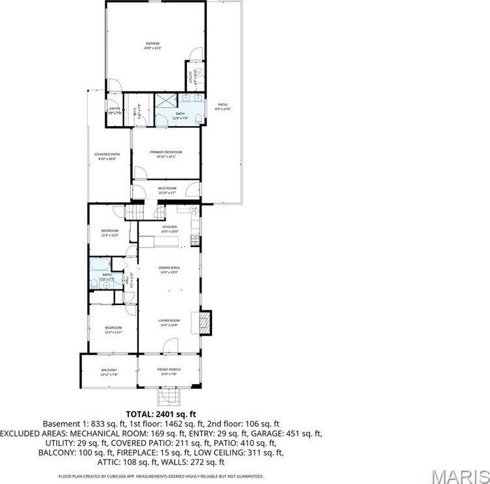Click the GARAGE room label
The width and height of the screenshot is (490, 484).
click(152, 43)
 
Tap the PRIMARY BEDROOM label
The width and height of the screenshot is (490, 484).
click(166, 152)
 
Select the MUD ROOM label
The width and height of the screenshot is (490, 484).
click(167, 187)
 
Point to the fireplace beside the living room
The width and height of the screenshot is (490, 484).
click(206, 322)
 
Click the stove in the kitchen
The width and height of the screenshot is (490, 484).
click(194, 240)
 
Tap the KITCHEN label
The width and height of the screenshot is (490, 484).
click(169, 227)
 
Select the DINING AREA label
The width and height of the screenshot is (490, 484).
click(169, 268)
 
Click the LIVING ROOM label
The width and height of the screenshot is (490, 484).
click(169, 321)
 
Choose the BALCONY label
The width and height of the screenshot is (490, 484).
click(109, 370)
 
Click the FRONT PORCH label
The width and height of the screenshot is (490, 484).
click(169, 370)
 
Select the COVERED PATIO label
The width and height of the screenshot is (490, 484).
click(109, 154)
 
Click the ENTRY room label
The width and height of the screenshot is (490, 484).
click(114, 108)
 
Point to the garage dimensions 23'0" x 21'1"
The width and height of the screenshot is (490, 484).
click(152, 48)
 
